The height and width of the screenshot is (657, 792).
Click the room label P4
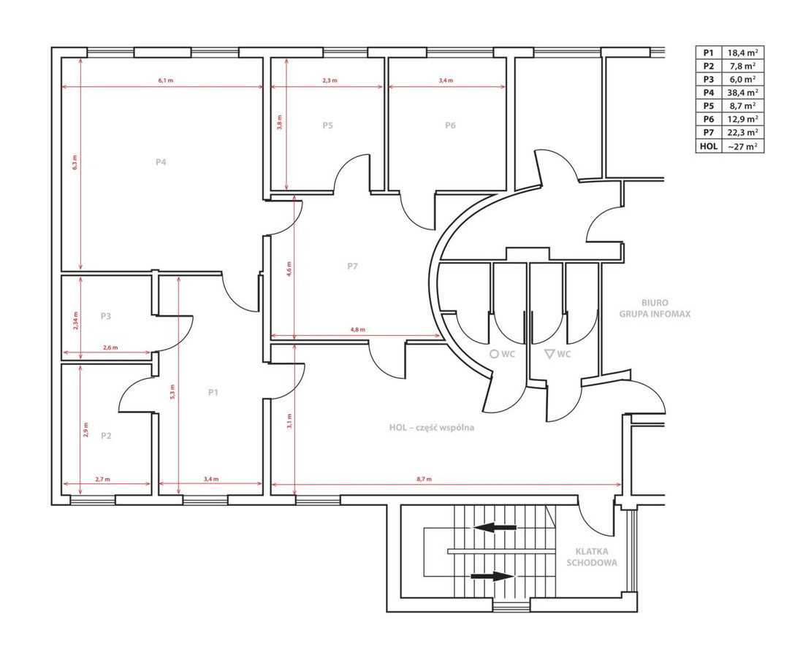(161, 162)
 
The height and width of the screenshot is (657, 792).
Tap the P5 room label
(328, 125)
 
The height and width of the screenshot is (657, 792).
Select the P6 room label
(450, 125)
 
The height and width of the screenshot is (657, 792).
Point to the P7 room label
(352, 266)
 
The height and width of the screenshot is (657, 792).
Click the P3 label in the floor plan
(105, 316)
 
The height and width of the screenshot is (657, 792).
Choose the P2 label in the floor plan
(105, 436)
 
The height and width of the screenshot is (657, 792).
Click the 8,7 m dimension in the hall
(424, 479)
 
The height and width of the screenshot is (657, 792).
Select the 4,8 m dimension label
(357, 329)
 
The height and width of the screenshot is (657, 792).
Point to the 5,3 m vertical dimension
(172, 391)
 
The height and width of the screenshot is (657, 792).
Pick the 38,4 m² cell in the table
(743, 92)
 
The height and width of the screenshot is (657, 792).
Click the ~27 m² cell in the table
(743, 146)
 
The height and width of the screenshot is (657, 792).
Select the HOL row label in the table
(709, 146)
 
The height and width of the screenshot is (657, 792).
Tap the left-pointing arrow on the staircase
(495, 528)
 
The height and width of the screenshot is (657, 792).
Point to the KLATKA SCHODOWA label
(592, 557)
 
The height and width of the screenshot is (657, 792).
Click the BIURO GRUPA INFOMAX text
(655, 308)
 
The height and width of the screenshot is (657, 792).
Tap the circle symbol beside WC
(495, 354)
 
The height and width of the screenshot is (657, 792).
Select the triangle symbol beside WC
(549, 353)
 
